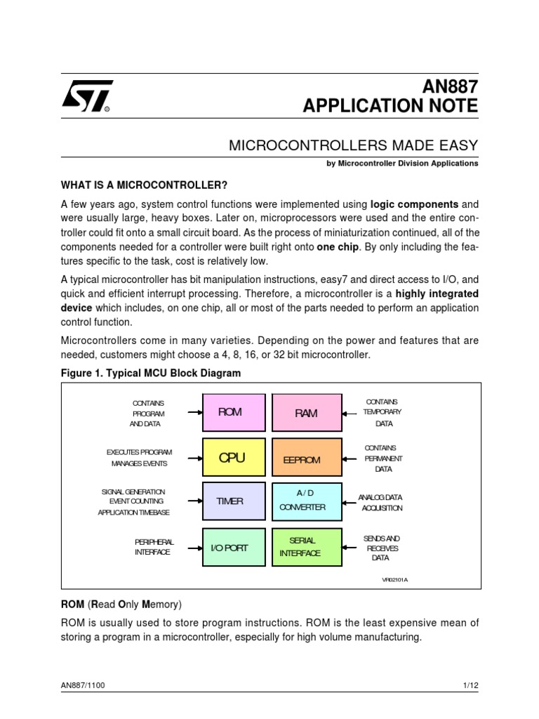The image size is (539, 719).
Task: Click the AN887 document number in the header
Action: [449, 86]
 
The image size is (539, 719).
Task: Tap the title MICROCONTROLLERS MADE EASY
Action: [354, 145]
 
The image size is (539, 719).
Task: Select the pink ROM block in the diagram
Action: [234, 412]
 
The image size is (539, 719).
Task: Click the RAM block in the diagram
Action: [306, 413]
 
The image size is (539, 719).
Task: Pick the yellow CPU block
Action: [234, 458]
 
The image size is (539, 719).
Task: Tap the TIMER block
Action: [234, 501]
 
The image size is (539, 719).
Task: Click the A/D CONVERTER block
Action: [306, 501]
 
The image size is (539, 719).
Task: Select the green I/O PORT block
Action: [234, 548]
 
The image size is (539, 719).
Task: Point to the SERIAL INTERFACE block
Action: [306, 548]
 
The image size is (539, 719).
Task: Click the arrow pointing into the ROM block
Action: [194, 411]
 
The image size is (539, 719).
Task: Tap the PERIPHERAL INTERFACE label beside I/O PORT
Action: [154, 547]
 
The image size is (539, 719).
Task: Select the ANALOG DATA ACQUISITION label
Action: [380, 502]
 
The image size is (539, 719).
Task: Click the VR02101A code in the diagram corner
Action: [394, 580]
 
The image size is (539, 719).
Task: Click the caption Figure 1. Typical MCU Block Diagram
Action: [150, 374]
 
